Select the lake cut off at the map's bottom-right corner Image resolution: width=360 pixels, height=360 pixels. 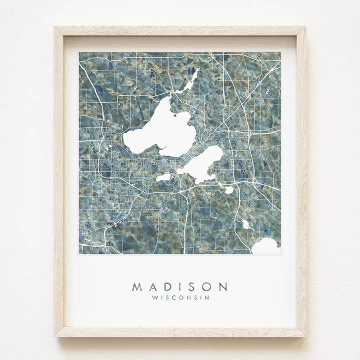click(266, 246)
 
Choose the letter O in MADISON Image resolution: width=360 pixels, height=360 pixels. click(206, 287)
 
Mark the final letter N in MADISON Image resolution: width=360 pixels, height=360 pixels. click(222, 287)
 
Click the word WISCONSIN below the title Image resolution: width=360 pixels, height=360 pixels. click(180, 297)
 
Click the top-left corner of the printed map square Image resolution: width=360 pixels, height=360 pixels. click(79, 52)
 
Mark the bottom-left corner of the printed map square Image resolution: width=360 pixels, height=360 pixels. click(79, 254)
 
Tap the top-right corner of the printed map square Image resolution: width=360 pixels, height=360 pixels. click(281, 52)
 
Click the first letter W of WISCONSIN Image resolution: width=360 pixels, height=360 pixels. click(154, 297)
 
